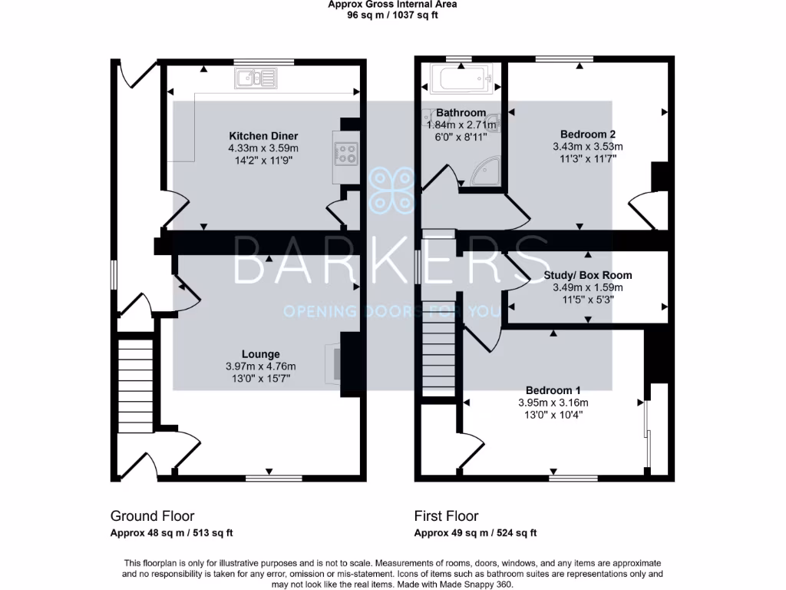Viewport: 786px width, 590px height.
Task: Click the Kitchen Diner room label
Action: coord(263,136)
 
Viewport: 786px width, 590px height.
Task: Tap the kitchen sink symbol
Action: coord(256,77)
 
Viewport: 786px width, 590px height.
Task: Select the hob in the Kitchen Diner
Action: coord(345,154)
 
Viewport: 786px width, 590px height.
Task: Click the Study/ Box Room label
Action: coord(587,275)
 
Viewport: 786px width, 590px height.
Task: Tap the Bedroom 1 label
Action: coord(553,390)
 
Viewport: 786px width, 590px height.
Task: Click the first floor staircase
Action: coord(439,353)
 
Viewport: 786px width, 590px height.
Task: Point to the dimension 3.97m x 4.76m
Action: coord(261,366)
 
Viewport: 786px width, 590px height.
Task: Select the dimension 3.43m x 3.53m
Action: coord(587,146)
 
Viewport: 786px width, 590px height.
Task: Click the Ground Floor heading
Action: coord(152,516)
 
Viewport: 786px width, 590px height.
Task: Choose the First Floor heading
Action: coord(446,516)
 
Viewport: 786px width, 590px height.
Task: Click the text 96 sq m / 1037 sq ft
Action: coord(392,15)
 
